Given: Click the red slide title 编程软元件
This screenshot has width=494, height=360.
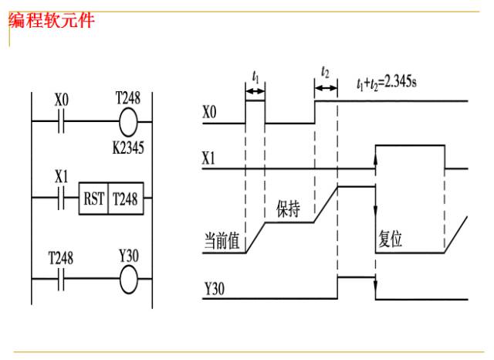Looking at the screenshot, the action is click(x=52, y=21).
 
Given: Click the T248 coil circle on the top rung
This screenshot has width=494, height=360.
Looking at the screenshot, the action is click(x=128, y=122).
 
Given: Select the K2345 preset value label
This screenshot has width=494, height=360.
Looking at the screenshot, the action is click(x=128, y=148).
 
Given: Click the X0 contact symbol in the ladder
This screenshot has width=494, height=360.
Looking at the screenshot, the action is click(x=61, y=121).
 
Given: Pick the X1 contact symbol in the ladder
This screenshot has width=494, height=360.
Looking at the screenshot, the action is click(x=61, y=198).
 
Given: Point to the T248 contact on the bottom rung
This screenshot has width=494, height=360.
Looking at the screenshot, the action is click(x=61, y=279).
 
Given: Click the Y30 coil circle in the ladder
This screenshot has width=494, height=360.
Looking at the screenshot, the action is click(x=129, y=280).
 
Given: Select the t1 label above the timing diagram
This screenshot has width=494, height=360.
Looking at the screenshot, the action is click(x=255, y=76).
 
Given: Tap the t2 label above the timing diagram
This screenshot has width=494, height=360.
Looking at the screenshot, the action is click(x=325, y=72).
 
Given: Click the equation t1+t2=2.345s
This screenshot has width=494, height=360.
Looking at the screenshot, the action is click(x=387, y=83).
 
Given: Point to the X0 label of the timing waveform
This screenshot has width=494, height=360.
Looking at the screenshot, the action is click(x=209, y=112).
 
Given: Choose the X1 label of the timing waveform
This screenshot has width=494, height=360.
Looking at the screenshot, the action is click(x=208, y=158).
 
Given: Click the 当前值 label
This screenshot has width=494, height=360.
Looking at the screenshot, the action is click(x=222, y=241).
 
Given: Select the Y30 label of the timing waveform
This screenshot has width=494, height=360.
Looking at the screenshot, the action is click(x=215, y=288).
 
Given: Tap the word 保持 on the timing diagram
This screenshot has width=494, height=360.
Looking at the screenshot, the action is click(x=288, y=209).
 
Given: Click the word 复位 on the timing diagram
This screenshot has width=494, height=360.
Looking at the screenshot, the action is click(x=391, y=239).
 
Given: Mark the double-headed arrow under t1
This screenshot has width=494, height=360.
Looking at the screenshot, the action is click(x=255, y=91).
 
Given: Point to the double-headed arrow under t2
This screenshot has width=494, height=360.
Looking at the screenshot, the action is click(x=326, y=88).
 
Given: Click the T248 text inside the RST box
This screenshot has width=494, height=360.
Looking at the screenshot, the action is click(x=125, y=199).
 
